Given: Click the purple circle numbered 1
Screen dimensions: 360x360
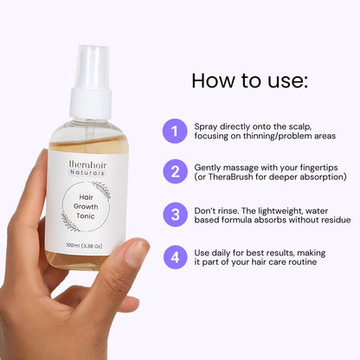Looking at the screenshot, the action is [x=175, y=131].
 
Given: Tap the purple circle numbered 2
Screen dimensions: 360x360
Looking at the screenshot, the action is [x=175, y=171].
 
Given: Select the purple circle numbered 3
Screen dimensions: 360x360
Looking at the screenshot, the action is [x=175, y=215].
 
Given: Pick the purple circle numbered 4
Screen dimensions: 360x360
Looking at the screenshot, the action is [x=175, y=257].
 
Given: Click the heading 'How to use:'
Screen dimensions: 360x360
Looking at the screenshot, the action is [x=250, y=80].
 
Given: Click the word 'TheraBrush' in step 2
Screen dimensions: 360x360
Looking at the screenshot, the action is [x=230, y=177].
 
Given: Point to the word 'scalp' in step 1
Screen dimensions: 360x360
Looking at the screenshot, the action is [x=300, y=127].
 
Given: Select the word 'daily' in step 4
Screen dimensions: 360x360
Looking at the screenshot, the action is [x=221, y=254].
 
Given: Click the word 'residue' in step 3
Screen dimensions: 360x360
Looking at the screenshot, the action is [x=336, y=220].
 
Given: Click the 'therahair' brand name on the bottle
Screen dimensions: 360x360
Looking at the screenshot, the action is [x=87, y=164].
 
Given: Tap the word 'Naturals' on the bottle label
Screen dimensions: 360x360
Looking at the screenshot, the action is [x=87, y=173].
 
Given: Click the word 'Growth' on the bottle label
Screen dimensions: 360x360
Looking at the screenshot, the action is [x=86, y=207].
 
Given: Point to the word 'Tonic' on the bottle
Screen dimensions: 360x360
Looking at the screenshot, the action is [x=86, y=215].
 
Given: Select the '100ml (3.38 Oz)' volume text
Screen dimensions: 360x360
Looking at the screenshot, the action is [x=84, y=246].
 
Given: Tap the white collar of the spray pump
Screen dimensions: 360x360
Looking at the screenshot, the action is [x=91, y=103].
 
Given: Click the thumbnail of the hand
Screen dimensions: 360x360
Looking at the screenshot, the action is [x=136, y=253].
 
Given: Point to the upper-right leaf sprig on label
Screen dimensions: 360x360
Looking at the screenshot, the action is [x=102, y=190].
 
